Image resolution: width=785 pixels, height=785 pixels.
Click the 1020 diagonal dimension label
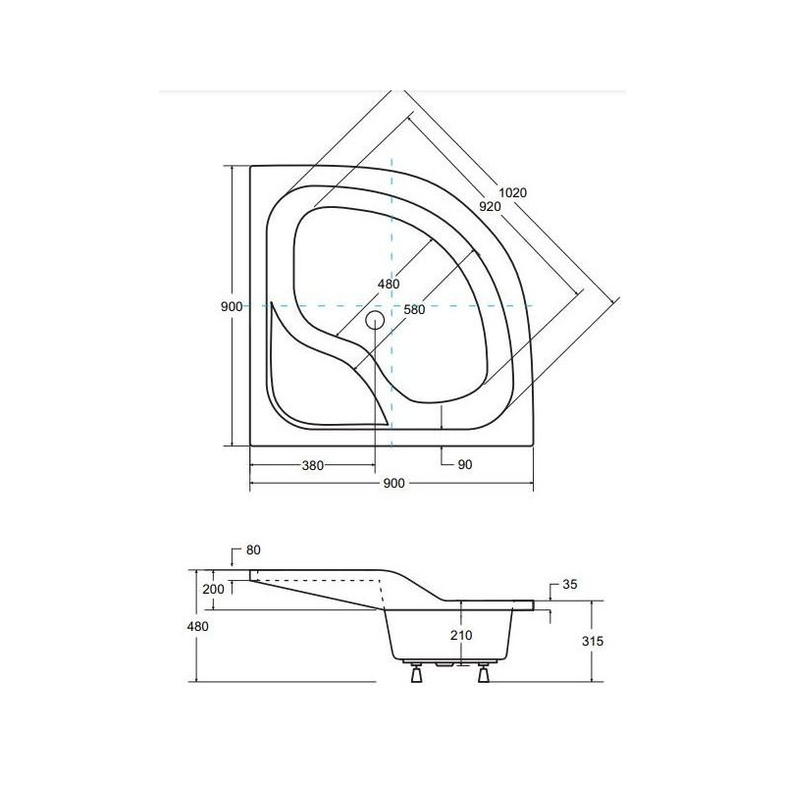tap(512, 192)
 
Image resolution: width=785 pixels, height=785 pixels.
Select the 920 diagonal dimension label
tap(490, 206)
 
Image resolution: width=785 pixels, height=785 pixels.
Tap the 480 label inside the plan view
tap(389, 284)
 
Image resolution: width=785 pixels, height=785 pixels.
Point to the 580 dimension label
tap(414, 309)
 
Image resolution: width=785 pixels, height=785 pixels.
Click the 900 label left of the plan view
tap(232, 307)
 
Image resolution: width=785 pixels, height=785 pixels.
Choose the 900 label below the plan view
tap(394, 483)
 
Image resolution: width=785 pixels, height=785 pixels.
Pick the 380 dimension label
tap(312, 465)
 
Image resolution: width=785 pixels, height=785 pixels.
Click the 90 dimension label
tap(465, 464)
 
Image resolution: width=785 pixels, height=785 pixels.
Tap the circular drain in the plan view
tap(375, 320)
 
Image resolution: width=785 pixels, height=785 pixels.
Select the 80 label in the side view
tap(253, 549)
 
